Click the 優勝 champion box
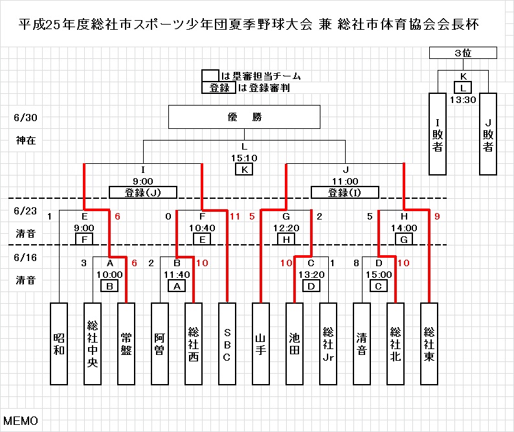[244, 118]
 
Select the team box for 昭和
[59, 343]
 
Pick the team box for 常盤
[126, 343]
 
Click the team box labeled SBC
[227, 343]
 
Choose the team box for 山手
[260, 343]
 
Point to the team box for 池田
[294, 343]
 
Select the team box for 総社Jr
[328, 343]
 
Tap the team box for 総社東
[429, 343]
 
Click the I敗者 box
[438, 133]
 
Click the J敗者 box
[487, 133]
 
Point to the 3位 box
[463, 53]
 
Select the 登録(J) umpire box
[142, 192]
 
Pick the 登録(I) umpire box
[345, 192]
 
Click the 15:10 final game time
[244, 157]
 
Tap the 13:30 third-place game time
[463, 100]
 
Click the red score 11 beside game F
[235, 216]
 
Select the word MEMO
[21, 421]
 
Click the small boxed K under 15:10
[244, 169]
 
